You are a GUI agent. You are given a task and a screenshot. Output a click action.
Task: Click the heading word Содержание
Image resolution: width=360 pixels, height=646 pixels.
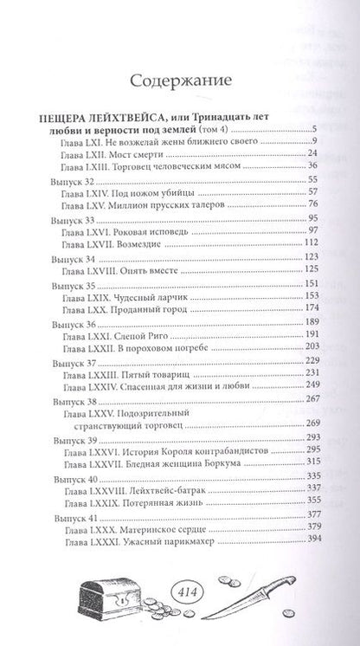tap(180, 82)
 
